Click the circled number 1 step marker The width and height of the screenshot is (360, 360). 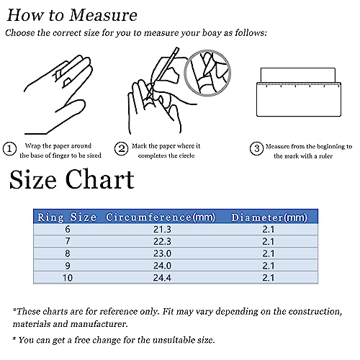(9, 149)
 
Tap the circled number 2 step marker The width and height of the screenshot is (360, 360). (121, 149)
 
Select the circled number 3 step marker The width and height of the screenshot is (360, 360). (256, 148)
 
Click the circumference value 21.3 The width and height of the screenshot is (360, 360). (162, 230)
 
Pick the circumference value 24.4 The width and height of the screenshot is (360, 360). (162, 278)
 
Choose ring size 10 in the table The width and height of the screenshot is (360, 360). (68, 278)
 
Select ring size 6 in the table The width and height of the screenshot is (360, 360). (68, 229)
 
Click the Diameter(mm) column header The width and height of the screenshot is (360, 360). (269, 217)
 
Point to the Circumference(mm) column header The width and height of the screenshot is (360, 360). (161, 217)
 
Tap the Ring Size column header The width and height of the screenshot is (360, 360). (67, 217)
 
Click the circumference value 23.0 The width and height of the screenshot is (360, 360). (162, 253)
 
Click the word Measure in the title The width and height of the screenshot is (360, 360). (103, 15)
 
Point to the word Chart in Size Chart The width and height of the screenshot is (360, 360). (99, 179)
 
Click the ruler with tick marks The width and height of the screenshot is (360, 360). (299, 99)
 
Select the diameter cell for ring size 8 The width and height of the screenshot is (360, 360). (268, 253)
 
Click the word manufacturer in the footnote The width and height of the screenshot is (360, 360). (99, 324)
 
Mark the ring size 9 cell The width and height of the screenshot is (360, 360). (68, 266)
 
